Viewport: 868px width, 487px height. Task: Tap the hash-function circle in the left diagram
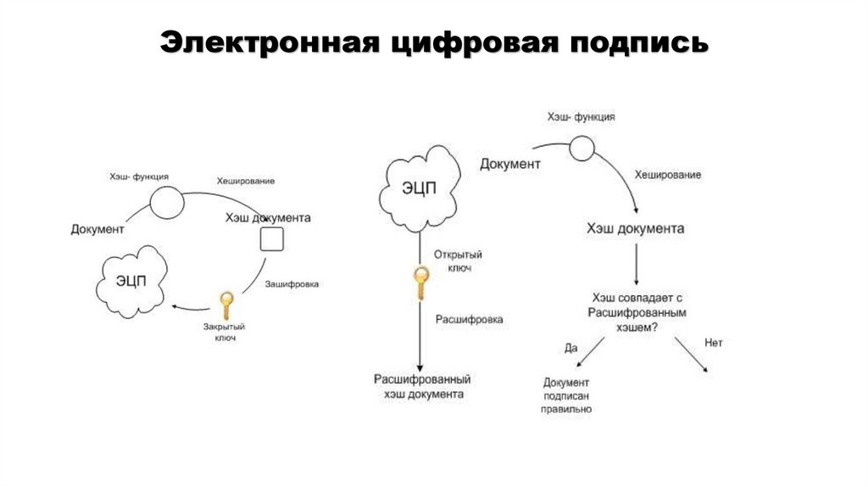pos(166,201)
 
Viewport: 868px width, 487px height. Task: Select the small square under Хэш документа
pos(271,239)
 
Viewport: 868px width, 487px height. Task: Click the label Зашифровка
pos(292,284)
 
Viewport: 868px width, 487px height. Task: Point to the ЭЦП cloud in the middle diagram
pos(419,188)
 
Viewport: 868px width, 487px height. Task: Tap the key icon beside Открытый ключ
pos(420,283)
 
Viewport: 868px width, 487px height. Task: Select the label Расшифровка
pos(469,320)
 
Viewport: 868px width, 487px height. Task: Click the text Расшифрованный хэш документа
pos(421,387)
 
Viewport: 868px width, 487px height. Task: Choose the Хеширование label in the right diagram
pos(668,175)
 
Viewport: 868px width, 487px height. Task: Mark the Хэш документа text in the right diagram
pos(636,229)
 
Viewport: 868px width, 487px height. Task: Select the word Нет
pos(713,344)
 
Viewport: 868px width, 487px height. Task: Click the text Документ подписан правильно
pos(568,395)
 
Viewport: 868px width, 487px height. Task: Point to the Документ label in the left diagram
pos(97,229)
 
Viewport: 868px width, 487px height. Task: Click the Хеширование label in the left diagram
pos(245,181)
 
